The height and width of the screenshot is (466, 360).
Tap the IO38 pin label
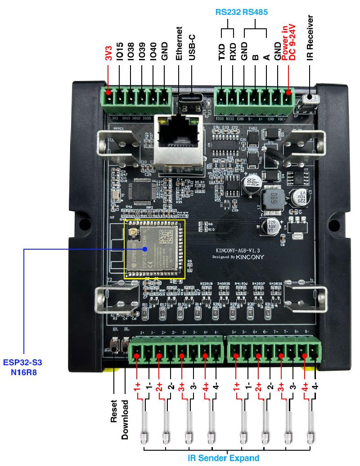[x=131, y=54]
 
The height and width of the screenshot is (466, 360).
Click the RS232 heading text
[x=228, y=13]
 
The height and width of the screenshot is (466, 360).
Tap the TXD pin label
[x=222, y=53]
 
